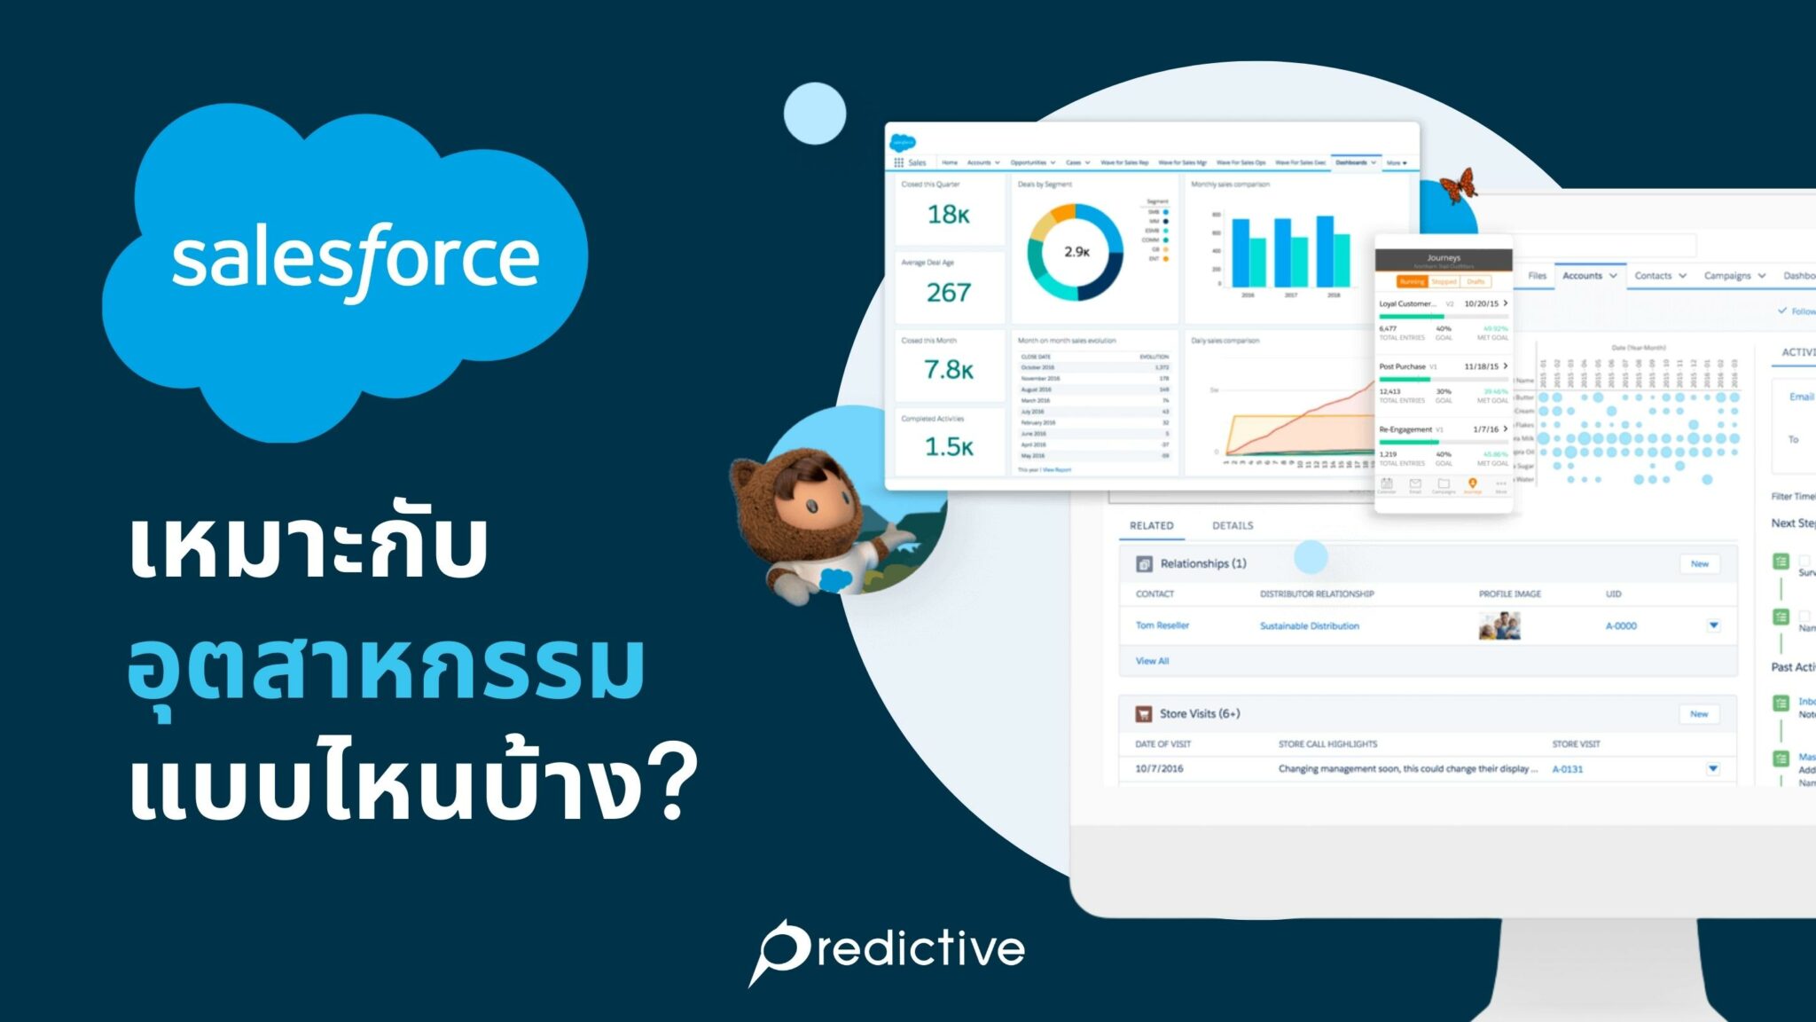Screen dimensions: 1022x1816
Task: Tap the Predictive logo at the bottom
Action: (x=888, y=950)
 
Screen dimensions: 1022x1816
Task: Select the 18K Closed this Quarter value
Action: (x=948, y=215)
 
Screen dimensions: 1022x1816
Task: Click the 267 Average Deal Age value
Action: (x=948, y=293)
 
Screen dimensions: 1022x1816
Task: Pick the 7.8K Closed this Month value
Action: (x=948, y=370)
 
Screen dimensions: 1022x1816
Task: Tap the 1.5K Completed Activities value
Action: (x=948, y=447)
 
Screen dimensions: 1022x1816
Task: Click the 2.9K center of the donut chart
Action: (x=1076, y=252)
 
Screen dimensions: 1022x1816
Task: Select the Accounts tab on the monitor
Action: (x=1582, y=276)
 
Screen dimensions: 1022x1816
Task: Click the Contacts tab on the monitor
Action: (x=1653, y=276)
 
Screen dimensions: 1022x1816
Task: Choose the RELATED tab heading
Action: (x=1151, y=526)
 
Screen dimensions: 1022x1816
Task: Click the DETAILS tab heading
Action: (x=1233, y=526)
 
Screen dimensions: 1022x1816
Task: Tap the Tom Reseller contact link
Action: (x=1162, y=625)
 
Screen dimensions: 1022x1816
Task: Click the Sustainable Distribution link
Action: (x=1309, y=626)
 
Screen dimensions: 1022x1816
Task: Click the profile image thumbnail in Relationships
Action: (x=1499, y=625)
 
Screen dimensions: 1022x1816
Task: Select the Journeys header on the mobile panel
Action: (x=1443, y=258)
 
